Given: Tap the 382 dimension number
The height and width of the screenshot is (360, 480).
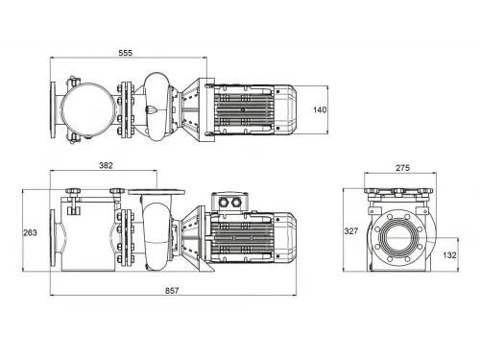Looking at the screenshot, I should pyautogui.click(x=107, y=166).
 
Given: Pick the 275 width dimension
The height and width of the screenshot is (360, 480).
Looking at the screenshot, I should pyautogui.click(x=403, y=168).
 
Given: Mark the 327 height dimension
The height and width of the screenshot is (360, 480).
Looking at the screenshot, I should pyautogui.click(x=352, y=231).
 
